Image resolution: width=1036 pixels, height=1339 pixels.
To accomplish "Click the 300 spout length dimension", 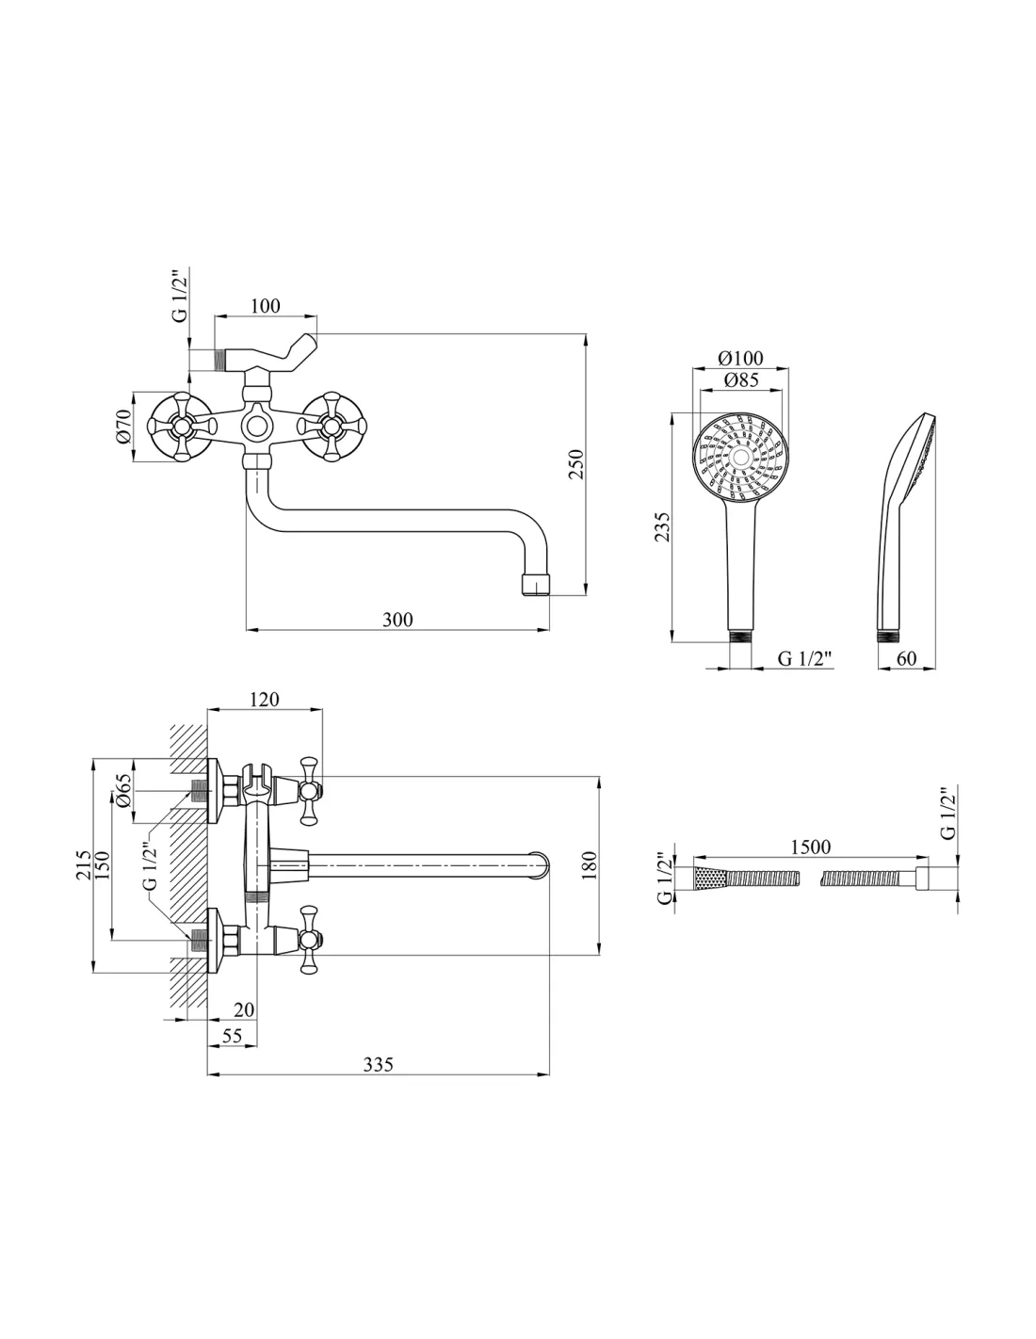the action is click(397, 620).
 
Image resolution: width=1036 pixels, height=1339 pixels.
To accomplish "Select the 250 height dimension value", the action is click(575, 465).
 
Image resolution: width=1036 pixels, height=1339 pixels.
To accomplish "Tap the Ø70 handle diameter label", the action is click(124, 426).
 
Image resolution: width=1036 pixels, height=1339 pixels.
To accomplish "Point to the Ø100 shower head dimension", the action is click(740, 358).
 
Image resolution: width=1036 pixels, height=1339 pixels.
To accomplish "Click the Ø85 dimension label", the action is click(741, 379).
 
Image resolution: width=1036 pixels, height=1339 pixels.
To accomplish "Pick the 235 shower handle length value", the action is click(661, 527).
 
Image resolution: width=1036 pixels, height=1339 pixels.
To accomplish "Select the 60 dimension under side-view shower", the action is click(906, 658).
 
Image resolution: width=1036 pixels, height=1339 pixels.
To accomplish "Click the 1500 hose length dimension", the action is click(810, 847).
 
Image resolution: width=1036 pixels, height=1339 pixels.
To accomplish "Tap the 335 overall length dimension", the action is click(378, 1064).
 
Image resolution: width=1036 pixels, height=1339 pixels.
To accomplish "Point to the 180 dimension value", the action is click(590, 864).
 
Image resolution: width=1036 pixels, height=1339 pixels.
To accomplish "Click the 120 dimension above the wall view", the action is click(265, 699).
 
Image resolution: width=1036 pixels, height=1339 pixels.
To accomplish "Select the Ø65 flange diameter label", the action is click(122, 791).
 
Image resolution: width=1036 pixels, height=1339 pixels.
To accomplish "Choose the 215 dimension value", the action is click(83, 864).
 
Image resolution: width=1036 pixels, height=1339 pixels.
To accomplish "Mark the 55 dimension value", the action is click(232, 1036).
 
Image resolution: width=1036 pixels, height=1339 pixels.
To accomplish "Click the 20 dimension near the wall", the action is click(244, 1009).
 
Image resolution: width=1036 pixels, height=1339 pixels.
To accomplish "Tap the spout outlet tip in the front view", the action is click(535, 584).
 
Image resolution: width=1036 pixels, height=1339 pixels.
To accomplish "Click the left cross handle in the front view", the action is click(181, 426).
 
